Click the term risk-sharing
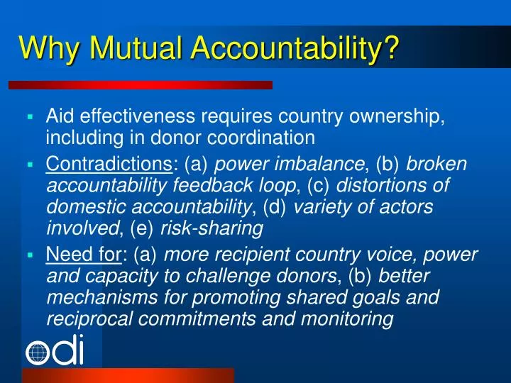[x=212, y=228]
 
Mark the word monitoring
[x=346, y=319]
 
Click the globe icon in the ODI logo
[x=38, y=353]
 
